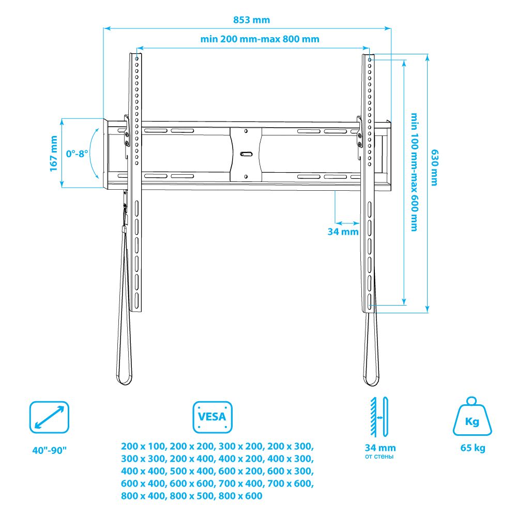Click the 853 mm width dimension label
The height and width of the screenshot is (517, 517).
pos(252,20)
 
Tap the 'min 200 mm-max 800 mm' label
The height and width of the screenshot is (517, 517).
pos(260,39)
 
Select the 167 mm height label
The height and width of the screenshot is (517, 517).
pos(53,154)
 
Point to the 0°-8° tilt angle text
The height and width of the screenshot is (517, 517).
pos(77,154)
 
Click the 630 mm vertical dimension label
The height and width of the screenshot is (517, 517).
pos(435,168)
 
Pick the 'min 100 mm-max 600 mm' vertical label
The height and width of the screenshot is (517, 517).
pos(415,172)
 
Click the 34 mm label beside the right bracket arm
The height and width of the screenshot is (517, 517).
pos(343,232)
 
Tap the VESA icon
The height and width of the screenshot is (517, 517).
pos(212,417)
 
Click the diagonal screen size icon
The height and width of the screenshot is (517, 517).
pos(49,417)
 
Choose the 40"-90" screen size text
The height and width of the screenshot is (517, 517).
pos(50,450)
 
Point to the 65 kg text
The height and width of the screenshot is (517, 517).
pos(473,448)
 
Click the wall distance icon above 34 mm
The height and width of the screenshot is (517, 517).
pos(379,417)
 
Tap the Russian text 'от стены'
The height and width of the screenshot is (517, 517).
pos(379,457)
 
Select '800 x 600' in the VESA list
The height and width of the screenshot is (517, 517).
pos(240,496)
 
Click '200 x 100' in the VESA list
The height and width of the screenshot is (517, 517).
pos(143,447)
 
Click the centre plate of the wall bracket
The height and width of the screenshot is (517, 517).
pos(246,154)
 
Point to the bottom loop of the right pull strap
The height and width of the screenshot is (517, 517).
pos(371,378)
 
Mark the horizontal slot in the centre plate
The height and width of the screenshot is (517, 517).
pos(246,154)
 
